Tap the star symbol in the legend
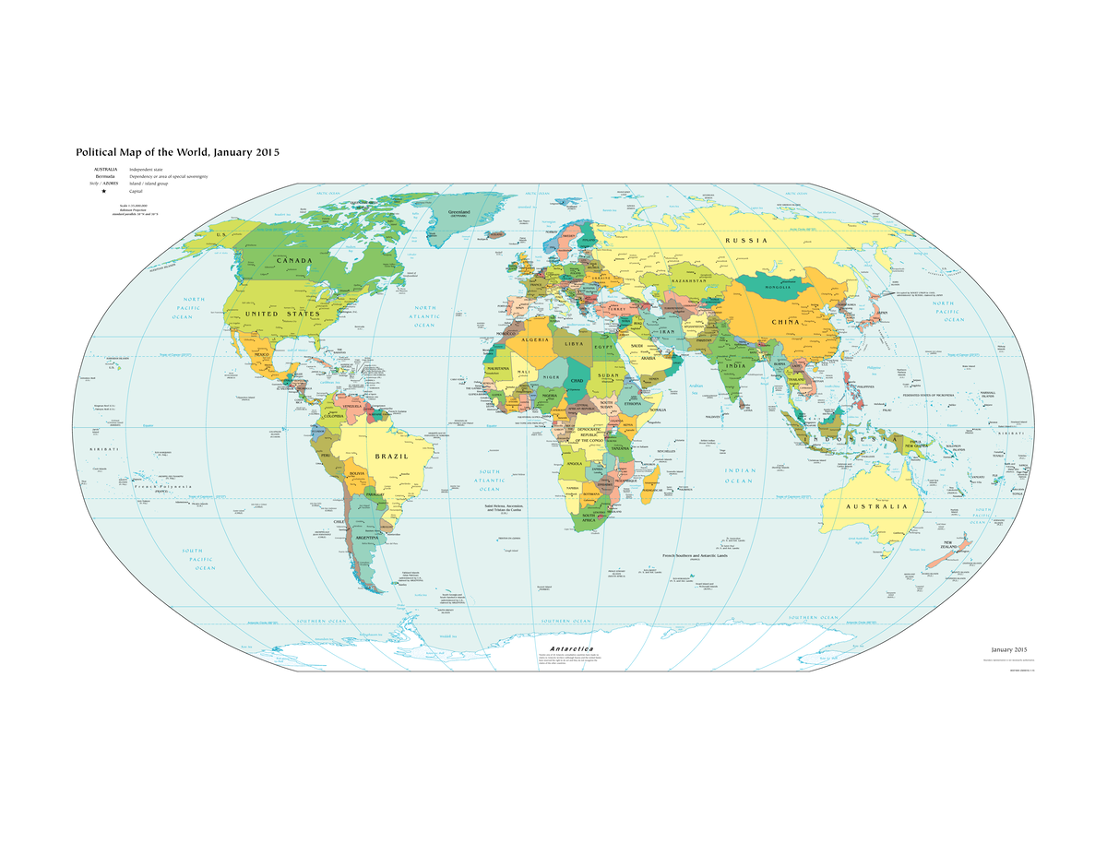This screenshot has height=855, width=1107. (104, 192)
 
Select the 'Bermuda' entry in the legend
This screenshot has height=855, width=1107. (104, 177)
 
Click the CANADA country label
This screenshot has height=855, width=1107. (286, 261)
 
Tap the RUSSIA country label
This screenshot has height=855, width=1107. (745, 241)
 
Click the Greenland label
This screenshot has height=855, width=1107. (458, 212)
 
